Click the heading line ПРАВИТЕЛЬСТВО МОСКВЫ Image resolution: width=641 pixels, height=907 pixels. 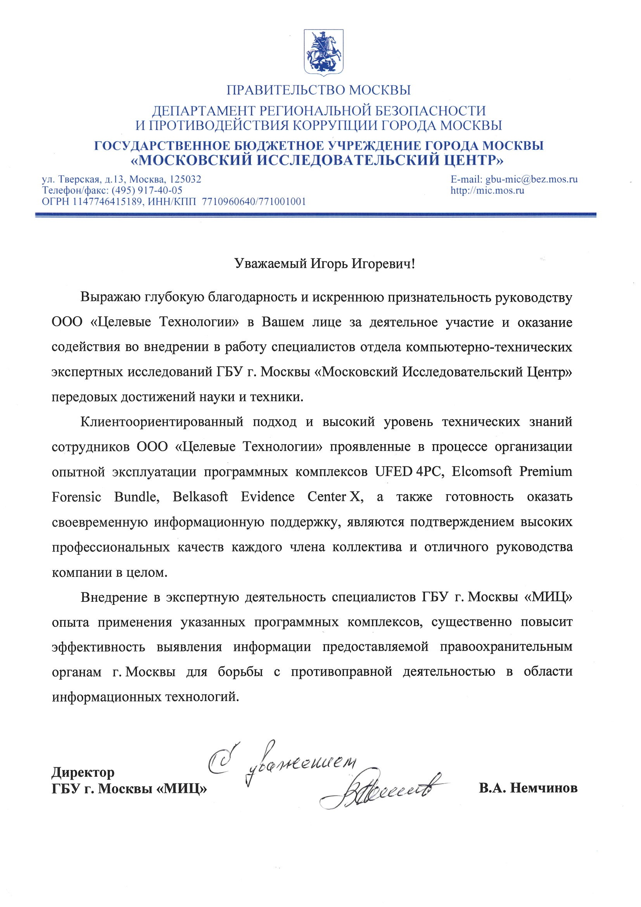[x=319, y=90]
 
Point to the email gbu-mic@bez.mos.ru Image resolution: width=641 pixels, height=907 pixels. [x=532, y=179]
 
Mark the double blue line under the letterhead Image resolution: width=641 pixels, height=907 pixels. [x=316, y=215]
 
